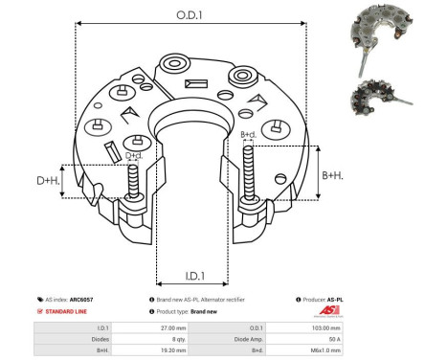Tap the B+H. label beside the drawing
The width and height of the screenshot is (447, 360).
333,174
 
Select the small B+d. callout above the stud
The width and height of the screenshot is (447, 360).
248,135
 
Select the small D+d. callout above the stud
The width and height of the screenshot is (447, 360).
134,154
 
